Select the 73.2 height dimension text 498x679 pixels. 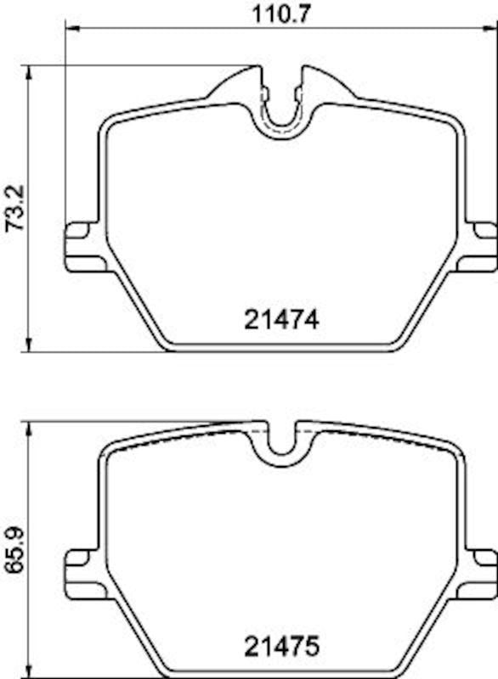point(13,208)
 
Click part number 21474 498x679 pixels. point(281,320)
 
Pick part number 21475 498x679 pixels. point(281,648)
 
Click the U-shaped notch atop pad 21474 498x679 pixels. point(280,115)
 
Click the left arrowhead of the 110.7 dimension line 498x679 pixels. point(70,29)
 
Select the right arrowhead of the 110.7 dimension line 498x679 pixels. point(492,29)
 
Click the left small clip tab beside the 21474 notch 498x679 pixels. point(264,92)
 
